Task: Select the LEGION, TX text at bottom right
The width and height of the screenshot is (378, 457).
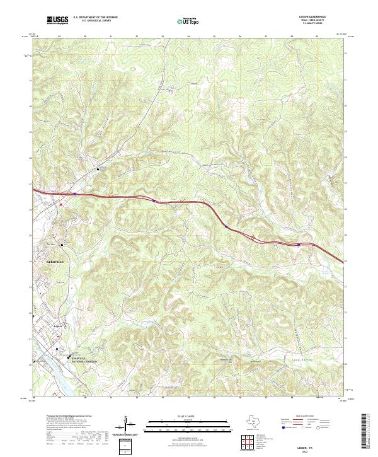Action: (306, 444)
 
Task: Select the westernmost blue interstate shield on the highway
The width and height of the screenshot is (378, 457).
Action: (74, 194)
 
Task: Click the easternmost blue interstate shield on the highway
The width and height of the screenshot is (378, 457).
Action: (298, 245)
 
